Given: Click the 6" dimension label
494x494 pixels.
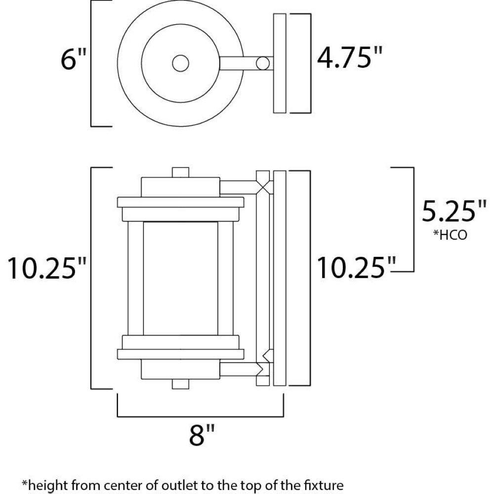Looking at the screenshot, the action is (x=73, y=59).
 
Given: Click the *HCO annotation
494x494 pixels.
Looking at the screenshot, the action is (x=450, y=235).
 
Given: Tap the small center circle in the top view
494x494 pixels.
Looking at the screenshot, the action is (x=180, y=63).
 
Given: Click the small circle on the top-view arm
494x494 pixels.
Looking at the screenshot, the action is (x=263, y=63).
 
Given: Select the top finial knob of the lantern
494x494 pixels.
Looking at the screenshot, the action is (x=180, y=172).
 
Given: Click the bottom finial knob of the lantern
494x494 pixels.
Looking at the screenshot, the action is (x=180, y=384).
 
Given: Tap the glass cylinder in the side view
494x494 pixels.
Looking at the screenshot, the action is (x=180, y=279).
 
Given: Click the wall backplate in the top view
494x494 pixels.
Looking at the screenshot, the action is (x=280, y=63).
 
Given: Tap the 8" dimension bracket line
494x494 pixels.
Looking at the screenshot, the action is (x=201, y=416).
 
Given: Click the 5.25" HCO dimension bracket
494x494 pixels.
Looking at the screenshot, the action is (x=413, y=219).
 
